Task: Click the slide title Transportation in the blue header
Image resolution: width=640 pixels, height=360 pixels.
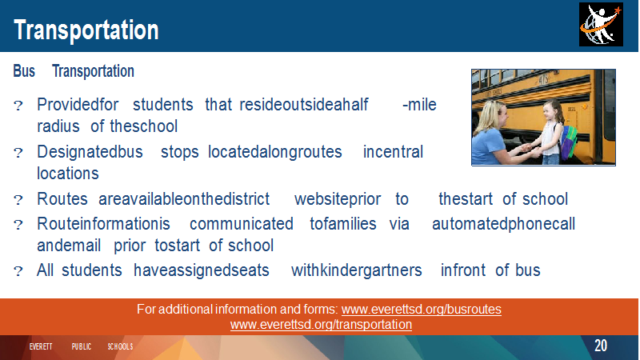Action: pyautogui.click(x=86, y=30)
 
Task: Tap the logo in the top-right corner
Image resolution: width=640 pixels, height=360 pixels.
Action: pyautogui.click(x=601, y=25)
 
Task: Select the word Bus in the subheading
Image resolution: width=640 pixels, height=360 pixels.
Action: pyautogui.click(x=24, y=71)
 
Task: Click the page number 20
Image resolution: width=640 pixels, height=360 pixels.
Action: pyautogui.click(x=601, y=346)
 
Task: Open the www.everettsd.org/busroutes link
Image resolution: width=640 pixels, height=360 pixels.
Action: pyautogui.click(x=422, y=309)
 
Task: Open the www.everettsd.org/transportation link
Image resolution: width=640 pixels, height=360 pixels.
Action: pyautogui.click(x=321, y=325)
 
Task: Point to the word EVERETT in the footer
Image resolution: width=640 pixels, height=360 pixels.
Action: pyautogui.click(x=41, y=346)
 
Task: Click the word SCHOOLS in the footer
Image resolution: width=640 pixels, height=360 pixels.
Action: pyautogui.click(x=121, y=346)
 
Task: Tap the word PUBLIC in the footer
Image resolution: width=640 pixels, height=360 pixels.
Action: pyautogui.click(x=82, y=346)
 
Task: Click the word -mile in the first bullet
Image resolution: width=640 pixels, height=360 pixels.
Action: pyautogui.click(x=419, y=105)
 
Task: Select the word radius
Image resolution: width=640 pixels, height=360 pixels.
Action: pyautogui.click(x=58, y=126)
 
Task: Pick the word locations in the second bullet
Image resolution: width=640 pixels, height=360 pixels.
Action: pyautogui.click(x=68, y=174)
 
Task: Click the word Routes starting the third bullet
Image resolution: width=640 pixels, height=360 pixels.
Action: pyautogui.click(x=62, y=199)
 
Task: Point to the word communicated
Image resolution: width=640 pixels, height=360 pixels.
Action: pyautogui.click(x=242, y=224)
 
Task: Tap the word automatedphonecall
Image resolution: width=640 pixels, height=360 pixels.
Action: pyautogui.click(x=503, y=224)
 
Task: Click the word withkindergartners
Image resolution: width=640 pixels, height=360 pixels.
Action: pyautogui.click(x=356, y=270)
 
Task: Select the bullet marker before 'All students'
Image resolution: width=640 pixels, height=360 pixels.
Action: pyautogui.click(x=18, y=271)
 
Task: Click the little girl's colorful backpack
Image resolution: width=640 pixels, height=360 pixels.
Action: pyautogui.click(x=568, y=142)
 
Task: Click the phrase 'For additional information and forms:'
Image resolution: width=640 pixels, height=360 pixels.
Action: pyautogui.click(x=237, y=309)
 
